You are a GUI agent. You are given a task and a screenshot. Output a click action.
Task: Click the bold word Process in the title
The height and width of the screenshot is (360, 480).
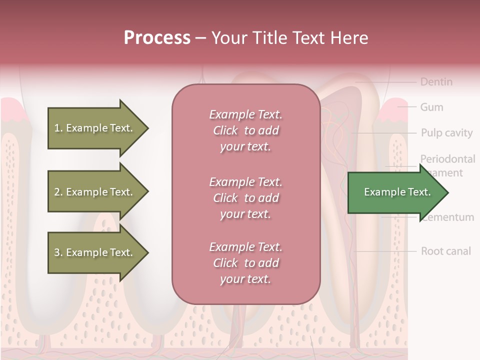157,38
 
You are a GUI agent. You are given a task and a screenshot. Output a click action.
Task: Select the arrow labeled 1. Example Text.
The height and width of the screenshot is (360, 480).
93,128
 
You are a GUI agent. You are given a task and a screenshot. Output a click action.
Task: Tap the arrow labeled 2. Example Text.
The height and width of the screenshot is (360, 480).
93,192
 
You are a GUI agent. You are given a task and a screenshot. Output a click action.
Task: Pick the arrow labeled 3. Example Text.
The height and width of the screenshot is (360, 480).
93,252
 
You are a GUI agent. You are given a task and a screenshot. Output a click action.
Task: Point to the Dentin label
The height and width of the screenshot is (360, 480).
436,82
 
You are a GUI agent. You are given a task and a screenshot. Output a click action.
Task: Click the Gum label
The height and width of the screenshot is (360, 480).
431,107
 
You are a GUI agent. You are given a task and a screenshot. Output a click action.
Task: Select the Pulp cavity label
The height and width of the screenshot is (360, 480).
446,133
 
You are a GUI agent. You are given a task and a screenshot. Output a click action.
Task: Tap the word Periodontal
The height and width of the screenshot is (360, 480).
447,159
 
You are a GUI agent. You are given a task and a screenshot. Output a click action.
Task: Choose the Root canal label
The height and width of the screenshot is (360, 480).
445,251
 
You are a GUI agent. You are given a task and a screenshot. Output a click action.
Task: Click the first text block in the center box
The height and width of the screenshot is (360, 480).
245,130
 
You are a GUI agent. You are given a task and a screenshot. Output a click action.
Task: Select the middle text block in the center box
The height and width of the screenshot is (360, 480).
245,198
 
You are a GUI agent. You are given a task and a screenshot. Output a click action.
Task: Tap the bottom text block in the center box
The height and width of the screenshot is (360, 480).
245,263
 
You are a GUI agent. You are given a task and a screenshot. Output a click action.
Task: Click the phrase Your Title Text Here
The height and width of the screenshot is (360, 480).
289,38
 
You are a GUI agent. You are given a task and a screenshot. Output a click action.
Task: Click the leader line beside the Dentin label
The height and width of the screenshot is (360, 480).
385,81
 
